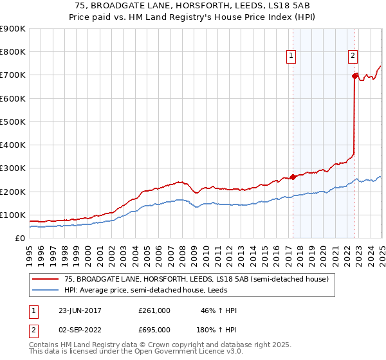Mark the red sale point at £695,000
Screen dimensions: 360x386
[354, 76]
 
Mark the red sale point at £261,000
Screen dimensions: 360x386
[293, 177]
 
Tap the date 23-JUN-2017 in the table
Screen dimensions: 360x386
[79, 310]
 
